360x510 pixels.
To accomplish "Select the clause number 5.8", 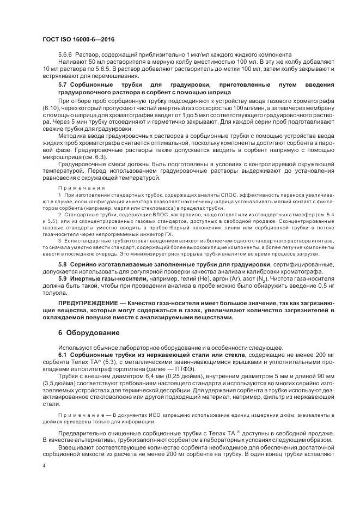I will coord(62,264).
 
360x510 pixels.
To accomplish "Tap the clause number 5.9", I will coord(62,279).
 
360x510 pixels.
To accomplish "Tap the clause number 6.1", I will coord(62,354).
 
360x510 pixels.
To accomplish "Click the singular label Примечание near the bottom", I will coord(78,417).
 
